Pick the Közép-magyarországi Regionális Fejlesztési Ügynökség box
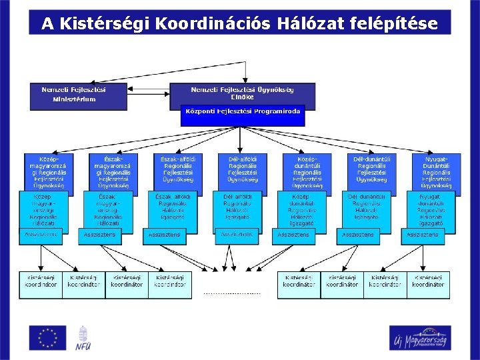pos(49,170)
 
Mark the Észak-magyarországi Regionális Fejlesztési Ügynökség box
pos(113,170)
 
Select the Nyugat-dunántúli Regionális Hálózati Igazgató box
pos(432,209)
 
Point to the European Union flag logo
pos(47,337)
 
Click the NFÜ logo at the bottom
pos(83,338)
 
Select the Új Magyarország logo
pos(419,338)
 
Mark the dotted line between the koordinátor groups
pos(232,293)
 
